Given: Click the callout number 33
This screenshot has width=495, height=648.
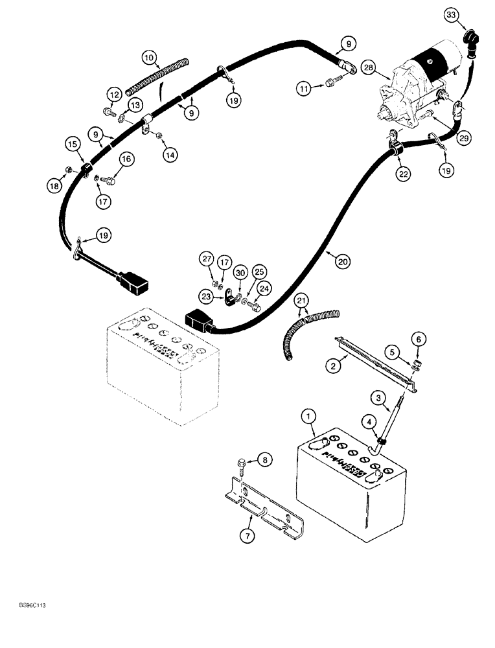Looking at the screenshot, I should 452,14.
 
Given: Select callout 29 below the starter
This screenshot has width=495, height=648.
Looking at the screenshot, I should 462,137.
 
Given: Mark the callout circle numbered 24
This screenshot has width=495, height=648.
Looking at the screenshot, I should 264,286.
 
